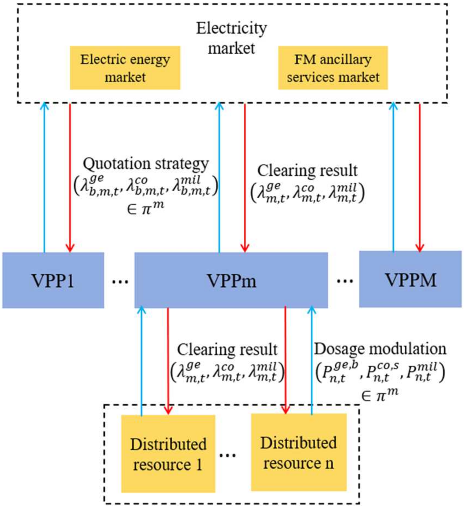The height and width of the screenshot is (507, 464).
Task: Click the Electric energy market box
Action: tap(125, 68)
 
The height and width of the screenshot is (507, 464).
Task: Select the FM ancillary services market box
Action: tap(333, 68)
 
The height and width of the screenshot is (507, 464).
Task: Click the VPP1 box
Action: tap(53, 280)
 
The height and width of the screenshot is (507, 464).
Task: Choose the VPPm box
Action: tap(231, 280)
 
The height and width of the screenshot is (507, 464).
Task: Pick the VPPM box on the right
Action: tap(410, 279)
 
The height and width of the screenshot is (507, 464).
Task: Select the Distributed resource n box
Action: tap(299, 452)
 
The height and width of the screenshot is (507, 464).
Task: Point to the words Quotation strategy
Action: tap(146, 164)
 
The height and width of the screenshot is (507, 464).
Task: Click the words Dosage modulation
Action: tap(380, 349)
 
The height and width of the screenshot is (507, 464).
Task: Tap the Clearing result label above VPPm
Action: tap(307, 170)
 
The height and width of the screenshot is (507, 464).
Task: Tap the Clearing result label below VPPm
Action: tap(227, 350)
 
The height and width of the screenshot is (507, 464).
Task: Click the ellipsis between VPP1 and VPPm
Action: tap(120, 281)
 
